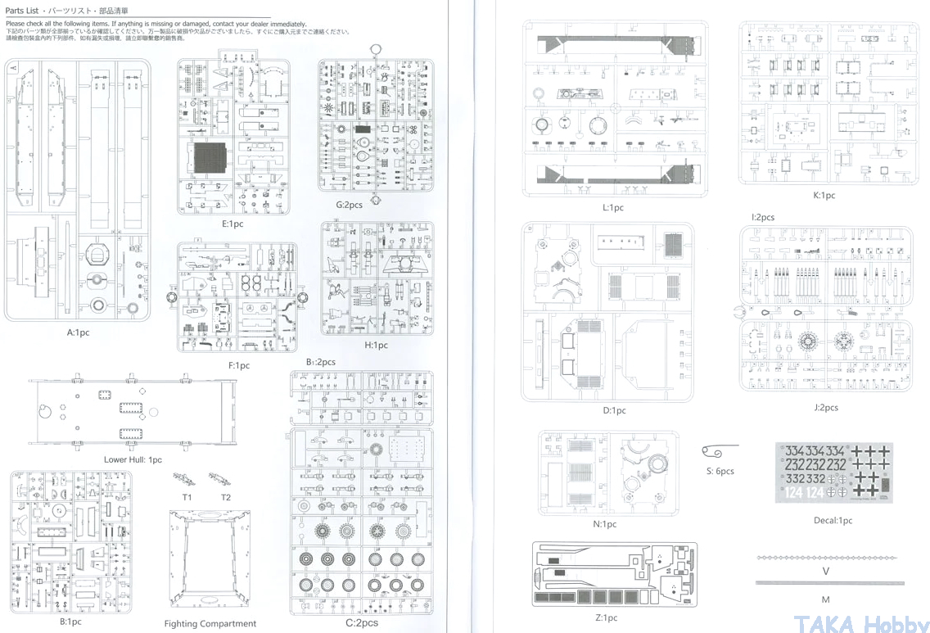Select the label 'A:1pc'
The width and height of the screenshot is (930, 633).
[x=79, y=333]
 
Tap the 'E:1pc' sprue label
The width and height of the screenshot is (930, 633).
[x=232, y=224]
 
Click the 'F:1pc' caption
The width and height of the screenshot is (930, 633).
[x=238, y=366]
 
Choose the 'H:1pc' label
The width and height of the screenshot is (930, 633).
[x=377, y=346]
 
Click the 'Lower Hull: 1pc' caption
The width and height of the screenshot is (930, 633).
[x=133, y=460]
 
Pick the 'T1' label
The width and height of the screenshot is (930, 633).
[x=187, y=498]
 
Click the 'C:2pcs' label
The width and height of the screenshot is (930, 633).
[x=361, y=623]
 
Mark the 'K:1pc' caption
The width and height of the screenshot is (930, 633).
[x=824, y=196]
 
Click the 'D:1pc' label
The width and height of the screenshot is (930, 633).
[x=614, y=411]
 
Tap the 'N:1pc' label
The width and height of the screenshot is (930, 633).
[x=606, y=525]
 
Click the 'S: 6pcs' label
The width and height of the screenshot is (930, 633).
[x=720, y=472]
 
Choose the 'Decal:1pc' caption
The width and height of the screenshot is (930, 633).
[x=833, y=521]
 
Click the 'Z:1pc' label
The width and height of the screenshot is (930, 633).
[x=607, y=618]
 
